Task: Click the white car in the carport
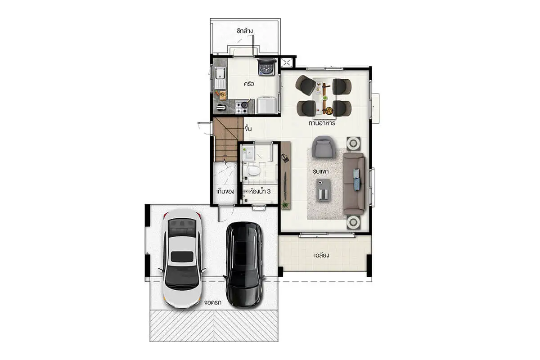coord(182,258)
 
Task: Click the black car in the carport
coord(244,265)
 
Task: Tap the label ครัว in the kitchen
coord(249,84)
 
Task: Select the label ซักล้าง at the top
coord(244,31)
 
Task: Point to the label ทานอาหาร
coord(322,123)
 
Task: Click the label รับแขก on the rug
coord(320,171)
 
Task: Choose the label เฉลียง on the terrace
coord(322,255)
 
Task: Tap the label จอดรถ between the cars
coord(212,302)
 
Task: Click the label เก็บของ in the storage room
coord(225,191)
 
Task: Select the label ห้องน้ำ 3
coord(260,191)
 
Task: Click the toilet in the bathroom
coord(253,171)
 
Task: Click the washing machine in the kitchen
coord(266,67)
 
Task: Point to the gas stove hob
coord(242,107)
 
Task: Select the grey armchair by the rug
coord(324,147)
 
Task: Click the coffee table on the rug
coord(324,190)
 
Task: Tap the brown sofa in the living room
coord(354,184)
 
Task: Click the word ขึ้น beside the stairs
coord(248,129)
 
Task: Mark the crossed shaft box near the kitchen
coord(286,63)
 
